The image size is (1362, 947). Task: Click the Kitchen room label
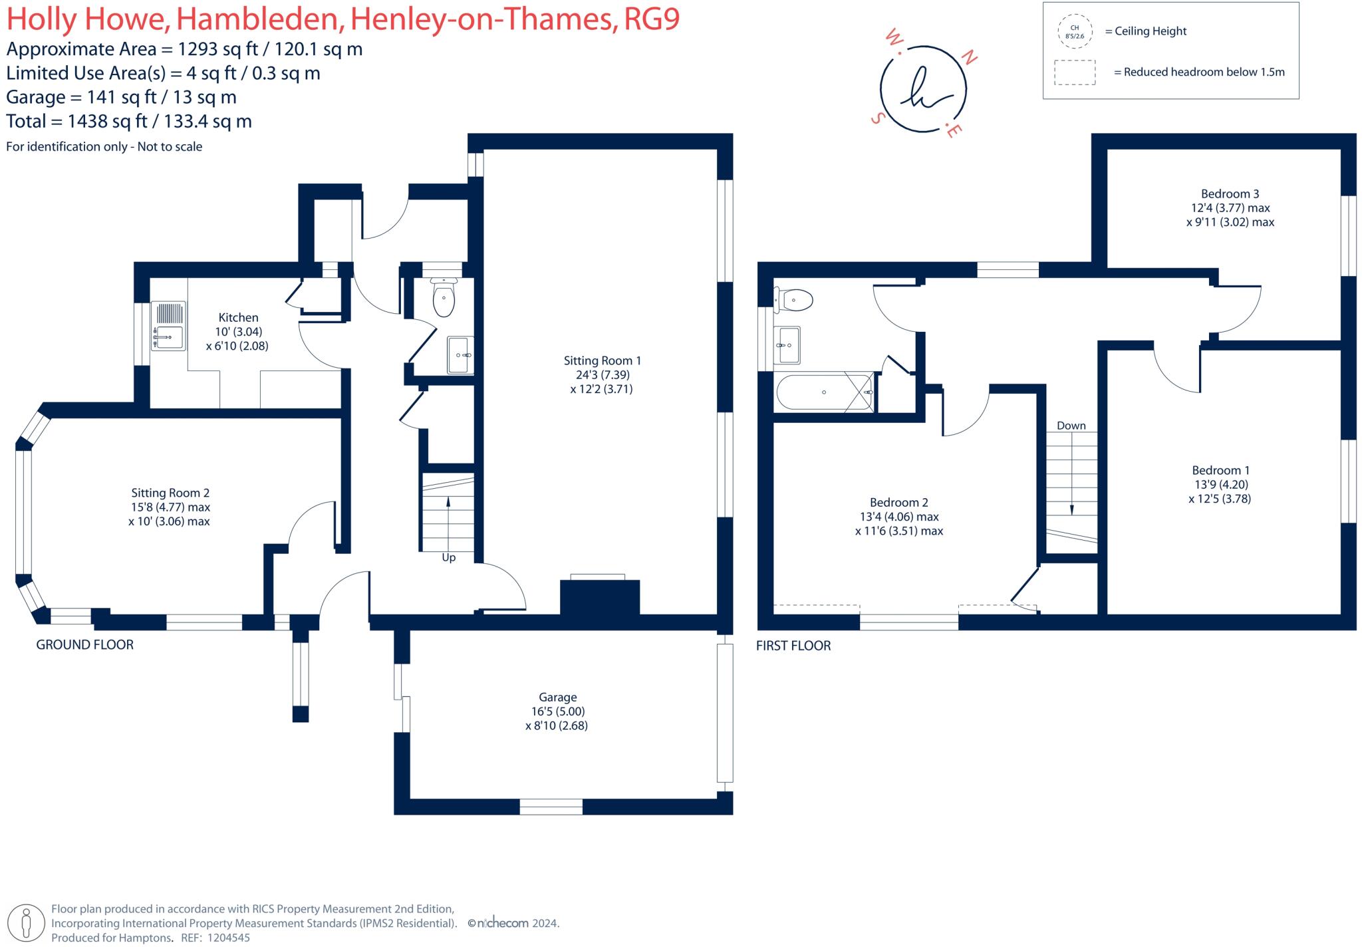pyautogui.click(x=238, y=318)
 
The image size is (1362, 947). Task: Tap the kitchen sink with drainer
pyautogui.click(x=168, y=325)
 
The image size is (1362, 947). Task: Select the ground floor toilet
pyautogui.click(x=444, y=297)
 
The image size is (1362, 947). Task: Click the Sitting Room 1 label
pyautogui.click(x=602, y=360)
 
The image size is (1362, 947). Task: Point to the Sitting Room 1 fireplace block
pyautogui.click(x=599, y=597)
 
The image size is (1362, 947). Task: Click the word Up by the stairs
pyautogui.click(x=449, y=558)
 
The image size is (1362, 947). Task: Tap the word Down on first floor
pyautogui.click(x=1071, y=426)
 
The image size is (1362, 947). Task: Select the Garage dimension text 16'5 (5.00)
pyautogui.click(x=557, y=711)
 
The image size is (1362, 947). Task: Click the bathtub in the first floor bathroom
pyautogui.click(x=824, y=393)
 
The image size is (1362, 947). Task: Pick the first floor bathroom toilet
pyautogui.click(x=794, y=300)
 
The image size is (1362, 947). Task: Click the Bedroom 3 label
pyautogui.click(x=1230, y=194)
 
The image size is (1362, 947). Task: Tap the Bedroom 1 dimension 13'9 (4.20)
pyautogui.click(x=1220, y=484)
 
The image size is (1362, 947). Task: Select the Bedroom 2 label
pyautogui.click(x=898, y=502)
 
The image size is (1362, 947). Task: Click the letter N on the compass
pyautogui.click(x=970, y=59)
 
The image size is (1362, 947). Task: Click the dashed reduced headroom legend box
pyautogui.click(x=1075, y=72)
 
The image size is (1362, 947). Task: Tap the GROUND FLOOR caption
pyautogui.click(x=84, y=644)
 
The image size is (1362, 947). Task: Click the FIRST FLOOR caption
pyautogui.click(x=793, y=645)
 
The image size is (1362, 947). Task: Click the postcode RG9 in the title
pyautogui.click(x=652, y=19)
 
